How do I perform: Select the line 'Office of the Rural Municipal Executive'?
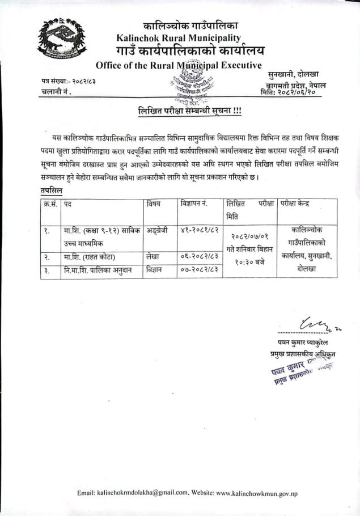(179, 65)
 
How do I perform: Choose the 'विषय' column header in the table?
(153, 203)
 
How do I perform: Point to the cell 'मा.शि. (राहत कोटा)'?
(90, 256)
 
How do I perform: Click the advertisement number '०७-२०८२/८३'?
(200, 270)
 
